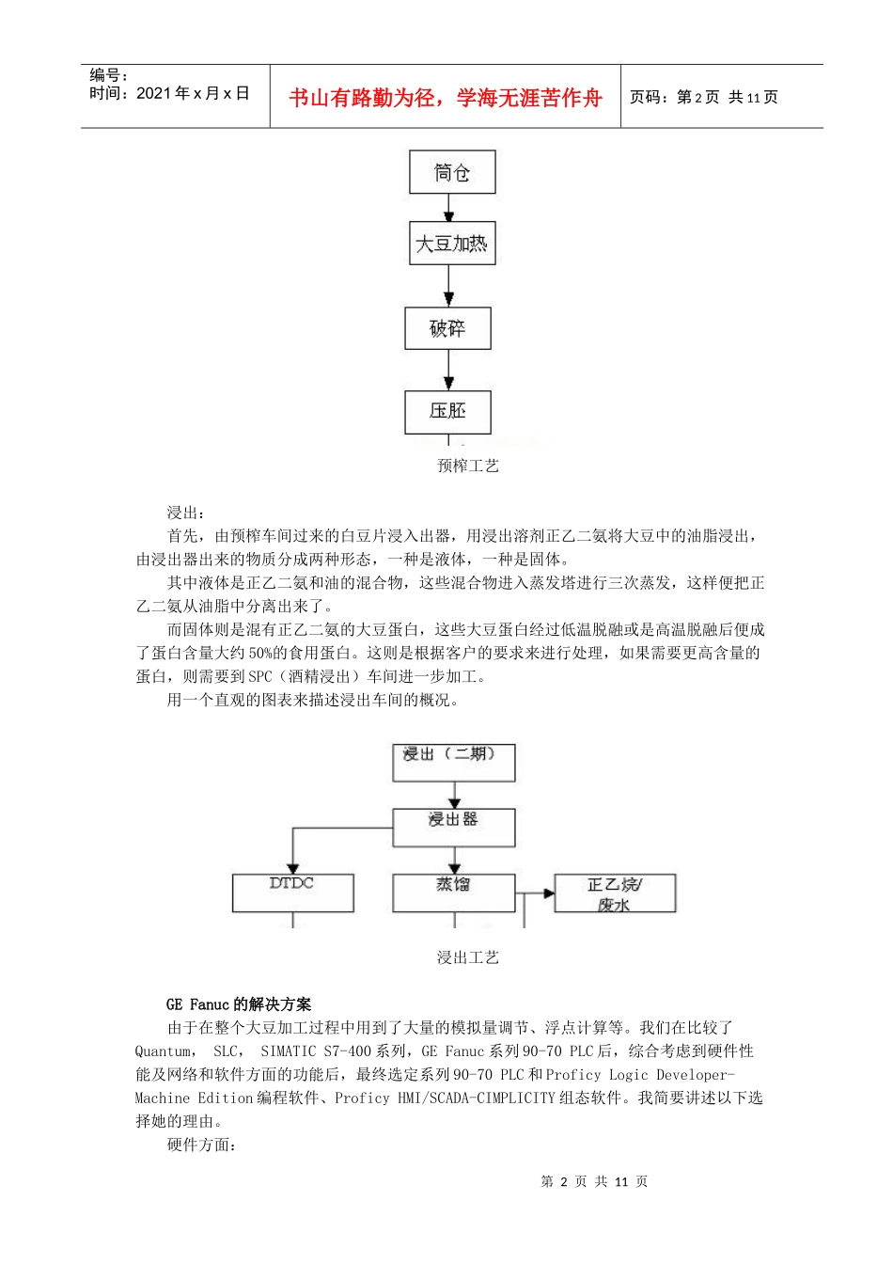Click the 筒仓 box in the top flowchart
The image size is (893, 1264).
452,172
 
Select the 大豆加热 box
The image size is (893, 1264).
452,244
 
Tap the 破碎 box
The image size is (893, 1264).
447,328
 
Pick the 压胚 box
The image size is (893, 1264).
447,411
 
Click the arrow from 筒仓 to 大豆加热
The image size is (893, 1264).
448,208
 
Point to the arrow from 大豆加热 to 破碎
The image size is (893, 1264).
448,286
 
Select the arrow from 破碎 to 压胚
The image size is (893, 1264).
448,371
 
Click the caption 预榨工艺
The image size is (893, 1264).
467,466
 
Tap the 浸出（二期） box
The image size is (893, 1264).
453,762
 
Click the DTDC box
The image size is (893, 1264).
292,893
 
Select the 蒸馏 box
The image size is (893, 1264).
453,893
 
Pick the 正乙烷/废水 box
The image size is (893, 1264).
615,893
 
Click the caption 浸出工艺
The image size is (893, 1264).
467,957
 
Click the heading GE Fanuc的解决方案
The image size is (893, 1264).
238,1004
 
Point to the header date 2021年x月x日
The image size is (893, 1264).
192,93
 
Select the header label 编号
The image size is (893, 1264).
107,75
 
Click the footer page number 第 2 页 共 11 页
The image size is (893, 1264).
594,1181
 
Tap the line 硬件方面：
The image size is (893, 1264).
202,1145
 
